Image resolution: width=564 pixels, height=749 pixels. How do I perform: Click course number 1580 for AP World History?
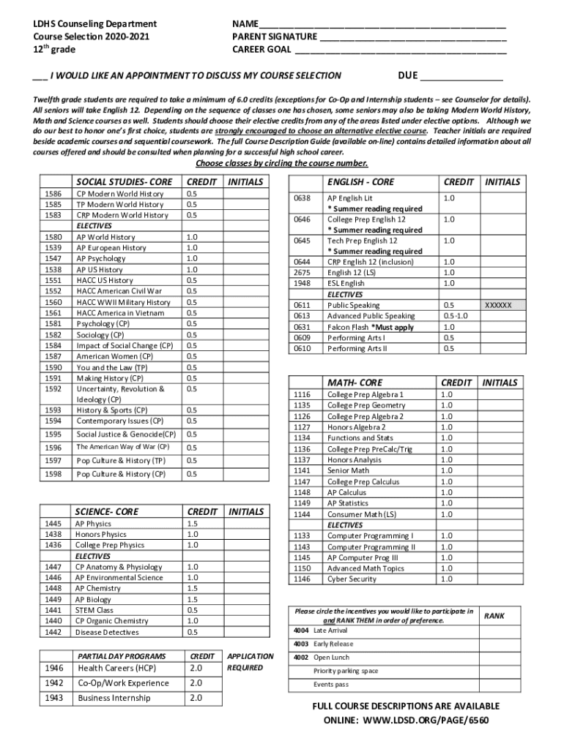(53, 237)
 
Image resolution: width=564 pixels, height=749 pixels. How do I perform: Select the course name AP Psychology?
(101, 259)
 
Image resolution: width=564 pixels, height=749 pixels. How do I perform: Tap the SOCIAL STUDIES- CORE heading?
(125, 181)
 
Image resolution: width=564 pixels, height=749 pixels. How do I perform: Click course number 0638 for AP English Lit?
(303, 198)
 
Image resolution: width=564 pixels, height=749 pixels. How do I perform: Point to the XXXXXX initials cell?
(499, 305)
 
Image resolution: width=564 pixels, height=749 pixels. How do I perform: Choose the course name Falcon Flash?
(348, 327)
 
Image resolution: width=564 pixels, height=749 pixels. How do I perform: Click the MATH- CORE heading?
(355, 383)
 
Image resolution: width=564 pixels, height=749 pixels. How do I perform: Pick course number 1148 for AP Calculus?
(302, 492)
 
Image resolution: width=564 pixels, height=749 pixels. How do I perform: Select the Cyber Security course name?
(352, 579)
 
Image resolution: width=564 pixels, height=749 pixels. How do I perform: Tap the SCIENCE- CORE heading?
(107, 512)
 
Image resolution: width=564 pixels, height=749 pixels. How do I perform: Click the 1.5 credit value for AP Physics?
(192, 524)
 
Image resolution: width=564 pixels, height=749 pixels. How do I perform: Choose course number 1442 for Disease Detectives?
(53, 632)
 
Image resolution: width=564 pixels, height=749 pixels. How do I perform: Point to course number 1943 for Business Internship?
(54, 698)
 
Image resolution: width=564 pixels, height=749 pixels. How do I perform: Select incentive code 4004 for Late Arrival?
(301, 630)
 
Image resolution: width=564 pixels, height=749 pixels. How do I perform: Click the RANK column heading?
(494, 616)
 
